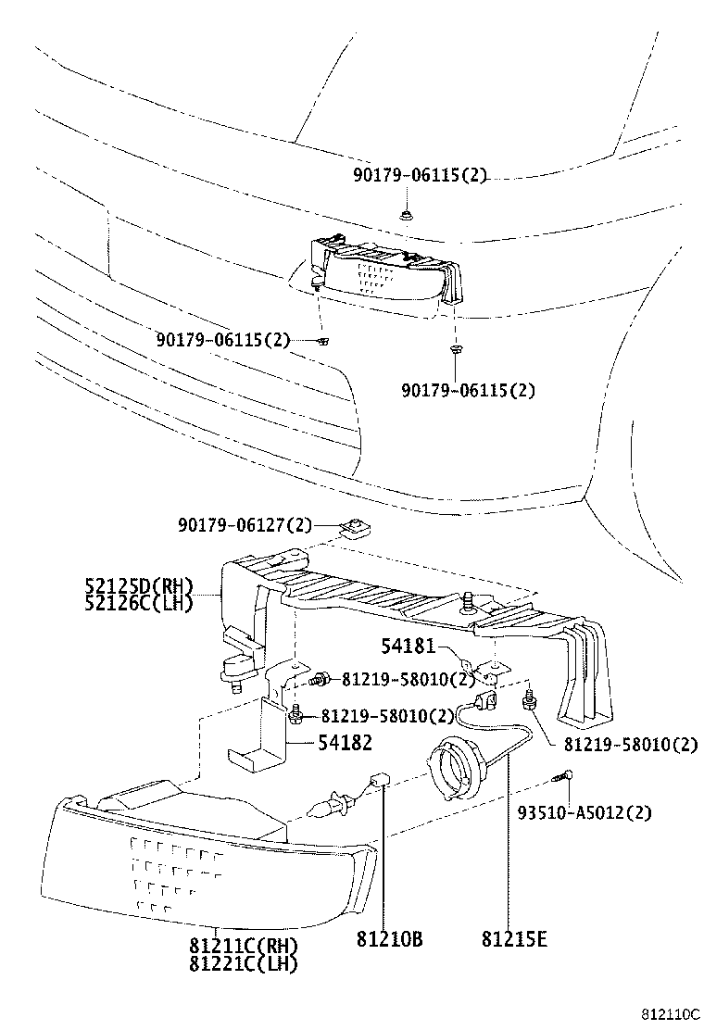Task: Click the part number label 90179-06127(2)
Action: (245, 525)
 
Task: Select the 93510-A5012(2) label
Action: (585, 812)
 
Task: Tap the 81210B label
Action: (389, 939)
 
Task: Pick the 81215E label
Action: (514, 939)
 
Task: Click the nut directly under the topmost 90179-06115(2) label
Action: (407, 216)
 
